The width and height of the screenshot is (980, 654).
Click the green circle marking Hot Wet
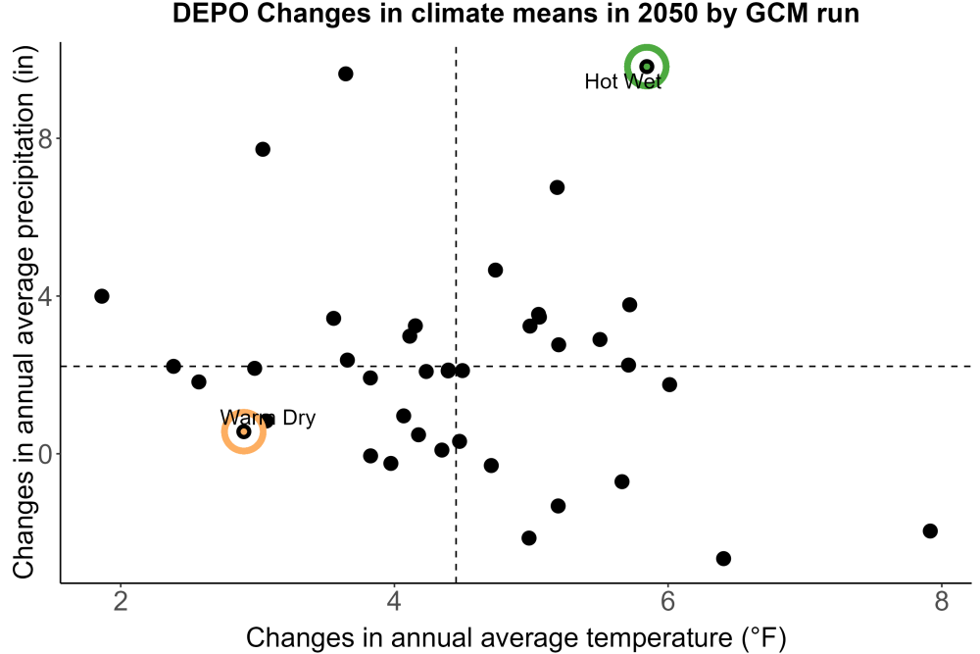pyautogui.click(x=647, y=47)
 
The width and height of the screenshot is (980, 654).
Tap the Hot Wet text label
pyautogui.click(x=622, y=81)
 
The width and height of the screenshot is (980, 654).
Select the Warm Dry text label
pyautogui.click(x=268, y=417)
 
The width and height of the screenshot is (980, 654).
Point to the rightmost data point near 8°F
pyautogui.click(x=930, y=530)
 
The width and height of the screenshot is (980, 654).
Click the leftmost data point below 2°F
pyautogui.click(x=102, y=296)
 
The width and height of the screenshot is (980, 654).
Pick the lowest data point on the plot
pyautogui.click(x=723, y=558)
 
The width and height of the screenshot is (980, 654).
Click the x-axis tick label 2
pyautogui.click(x=121, y=601)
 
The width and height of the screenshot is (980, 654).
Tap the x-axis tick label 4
pyautogui.click(x=394, y=601)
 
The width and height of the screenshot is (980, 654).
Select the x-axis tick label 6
pyautogui.click(x=667, y=601)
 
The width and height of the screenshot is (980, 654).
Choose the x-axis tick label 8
pyautogui.click(x=941, y=601)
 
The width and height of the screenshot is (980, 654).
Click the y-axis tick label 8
pyautogui.click(x=45, y=138)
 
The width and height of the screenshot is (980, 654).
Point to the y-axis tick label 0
pyautogui.click(x=45, y=454)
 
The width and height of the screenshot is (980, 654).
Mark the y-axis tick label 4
pyautogui.click(x=45, y=296)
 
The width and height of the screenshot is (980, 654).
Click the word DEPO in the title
pyautogui.click(x=212, y=13)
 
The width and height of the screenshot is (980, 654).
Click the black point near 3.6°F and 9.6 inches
pyautogui.click(x=346, y=74)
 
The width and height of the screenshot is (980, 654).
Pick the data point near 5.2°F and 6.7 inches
pyautogui.click(x=557, y=187)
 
